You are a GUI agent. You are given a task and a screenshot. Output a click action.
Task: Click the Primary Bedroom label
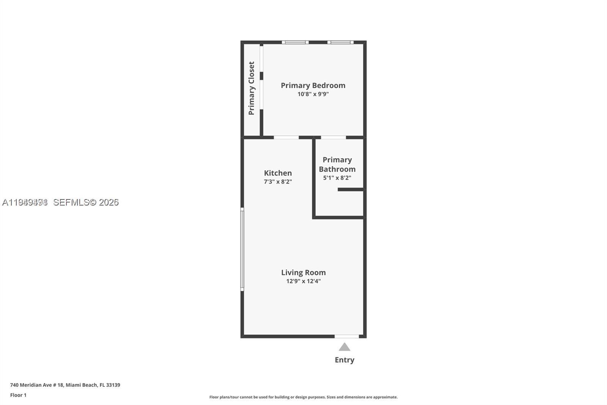313,85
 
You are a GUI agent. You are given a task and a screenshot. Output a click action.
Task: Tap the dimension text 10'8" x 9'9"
313,94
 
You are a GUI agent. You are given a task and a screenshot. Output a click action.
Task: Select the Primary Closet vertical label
252,88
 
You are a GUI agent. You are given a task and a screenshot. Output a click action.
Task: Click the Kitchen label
278,173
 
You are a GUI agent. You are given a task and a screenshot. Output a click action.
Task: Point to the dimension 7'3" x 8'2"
278,182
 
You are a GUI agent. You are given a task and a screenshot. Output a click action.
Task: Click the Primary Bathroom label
337,165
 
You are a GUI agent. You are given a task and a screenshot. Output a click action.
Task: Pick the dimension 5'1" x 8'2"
337,178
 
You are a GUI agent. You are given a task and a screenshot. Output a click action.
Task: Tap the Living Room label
303,272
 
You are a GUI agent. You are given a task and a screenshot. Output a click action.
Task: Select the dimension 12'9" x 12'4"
303,281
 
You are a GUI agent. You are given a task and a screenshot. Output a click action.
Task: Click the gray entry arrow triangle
344,347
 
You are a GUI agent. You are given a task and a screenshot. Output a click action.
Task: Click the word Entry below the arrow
344,360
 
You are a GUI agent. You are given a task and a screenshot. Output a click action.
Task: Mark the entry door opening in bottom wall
346,336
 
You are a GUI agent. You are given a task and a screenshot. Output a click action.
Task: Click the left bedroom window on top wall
295,42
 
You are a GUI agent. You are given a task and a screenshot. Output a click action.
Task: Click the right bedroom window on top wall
340,42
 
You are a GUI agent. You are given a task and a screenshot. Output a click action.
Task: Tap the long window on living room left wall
242,249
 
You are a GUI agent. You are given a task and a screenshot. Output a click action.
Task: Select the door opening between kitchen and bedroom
286,137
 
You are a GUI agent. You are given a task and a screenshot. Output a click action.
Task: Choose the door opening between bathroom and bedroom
333,137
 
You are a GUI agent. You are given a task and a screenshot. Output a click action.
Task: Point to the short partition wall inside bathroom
351,189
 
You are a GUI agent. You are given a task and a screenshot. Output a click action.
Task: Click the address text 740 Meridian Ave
65,385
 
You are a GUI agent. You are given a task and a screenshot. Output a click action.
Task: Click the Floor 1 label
18,395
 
